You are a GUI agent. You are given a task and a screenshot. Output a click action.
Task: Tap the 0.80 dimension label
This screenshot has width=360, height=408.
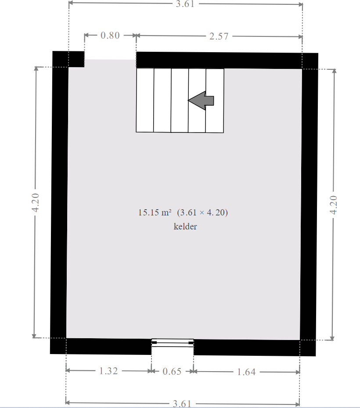[x=110, y=36]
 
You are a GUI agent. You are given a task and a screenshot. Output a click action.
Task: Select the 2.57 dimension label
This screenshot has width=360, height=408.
[x=219, y=36]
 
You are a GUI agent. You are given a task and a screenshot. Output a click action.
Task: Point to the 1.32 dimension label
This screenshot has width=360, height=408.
[x=108, y=371]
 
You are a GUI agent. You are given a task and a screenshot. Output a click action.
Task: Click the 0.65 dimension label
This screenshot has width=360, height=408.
[x=172, y=371]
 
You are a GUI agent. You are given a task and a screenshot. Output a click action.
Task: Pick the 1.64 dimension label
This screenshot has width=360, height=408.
[x=246, y=372]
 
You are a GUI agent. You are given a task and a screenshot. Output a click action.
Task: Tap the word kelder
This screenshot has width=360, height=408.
[x=185, y=226]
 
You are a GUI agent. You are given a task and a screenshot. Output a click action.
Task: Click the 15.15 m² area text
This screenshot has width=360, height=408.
[x=155, y=213]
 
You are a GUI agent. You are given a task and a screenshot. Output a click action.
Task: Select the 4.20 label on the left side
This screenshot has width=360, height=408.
[x=35, y=203]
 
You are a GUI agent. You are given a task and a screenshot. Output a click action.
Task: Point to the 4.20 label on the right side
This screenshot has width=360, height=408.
[x=334, y=205]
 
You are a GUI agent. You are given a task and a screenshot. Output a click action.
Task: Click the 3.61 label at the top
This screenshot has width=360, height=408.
[x=185, y=4]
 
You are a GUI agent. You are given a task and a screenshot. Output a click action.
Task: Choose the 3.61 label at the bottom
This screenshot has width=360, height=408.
[x=182, y=404]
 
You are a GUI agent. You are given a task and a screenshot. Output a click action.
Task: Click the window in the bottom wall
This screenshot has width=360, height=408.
[x=173, y=343]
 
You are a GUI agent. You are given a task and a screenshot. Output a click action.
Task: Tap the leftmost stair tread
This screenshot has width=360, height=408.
[x=145, y=100]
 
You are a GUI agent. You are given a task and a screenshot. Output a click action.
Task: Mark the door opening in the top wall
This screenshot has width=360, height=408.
[x=110, y=60]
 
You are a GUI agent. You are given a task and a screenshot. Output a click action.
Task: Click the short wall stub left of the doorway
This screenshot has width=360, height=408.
[x=68, y=59]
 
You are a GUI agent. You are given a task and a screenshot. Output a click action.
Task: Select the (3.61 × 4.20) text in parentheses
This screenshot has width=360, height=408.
[x=202, y=213]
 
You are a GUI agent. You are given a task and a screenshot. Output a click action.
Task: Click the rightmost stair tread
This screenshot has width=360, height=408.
[x=215, y=101]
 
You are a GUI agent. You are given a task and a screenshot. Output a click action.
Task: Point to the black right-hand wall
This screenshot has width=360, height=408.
[x=309, y=204]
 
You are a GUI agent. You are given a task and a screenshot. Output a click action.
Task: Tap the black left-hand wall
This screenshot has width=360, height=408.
[x=59, y=202]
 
